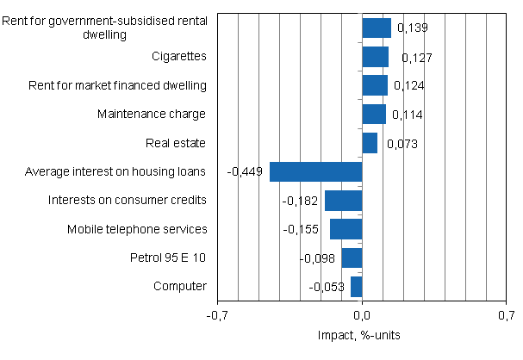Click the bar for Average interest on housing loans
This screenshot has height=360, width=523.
(x=315, y=171)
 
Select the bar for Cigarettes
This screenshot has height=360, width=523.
(x=375, y=57)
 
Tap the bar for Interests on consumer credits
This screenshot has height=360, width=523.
(x=343, y=201)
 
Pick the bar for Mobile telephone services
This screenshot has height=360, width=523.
(x=346, y=229)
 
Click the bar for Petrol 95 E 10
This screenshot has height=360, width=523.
(x=352, y=258)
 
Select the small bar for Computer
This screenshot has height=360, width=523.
(x=356, y=286)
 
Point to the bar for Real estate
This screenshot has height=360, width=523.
(x=370, y=143)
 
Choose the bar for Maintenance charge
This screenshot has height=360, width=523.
(x=374, y=115)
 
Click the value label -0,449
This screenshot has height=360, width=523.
(x=245, y=172)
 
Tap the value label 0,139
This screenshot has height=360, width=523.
(x=411, y=29)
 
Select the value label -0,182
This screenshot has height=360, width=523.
(x=300, y=201)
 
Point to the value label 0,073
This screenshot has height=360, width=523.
(x=402, y=144)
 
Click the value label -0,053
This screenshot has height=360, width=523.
(x=326, y=287)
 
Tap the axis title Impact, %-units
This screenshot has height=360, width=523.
(x=361, y=335)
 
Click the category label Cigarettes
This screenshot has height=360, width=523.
(x=178, y=57)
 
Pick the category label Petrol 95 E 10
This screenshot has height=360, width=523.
(x=169, y=258)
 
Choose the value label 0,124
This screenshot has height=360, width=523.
(x=409, y=86)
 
